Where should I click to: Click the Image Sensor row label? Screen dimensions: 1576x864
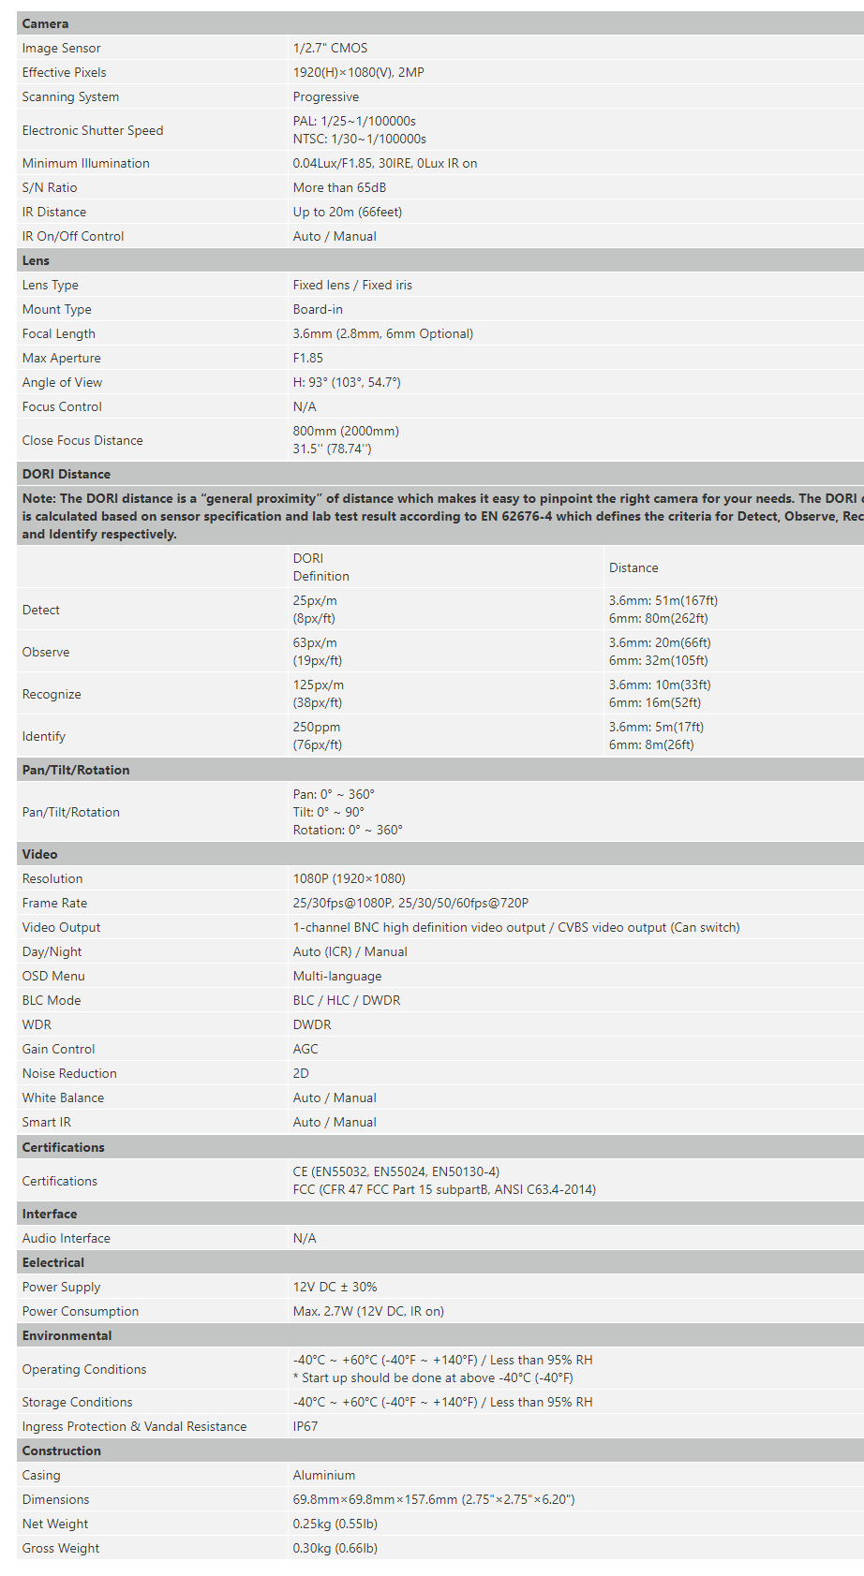point(61,48)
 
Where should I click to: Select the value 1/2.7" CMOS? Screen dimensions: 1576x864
point(330,48)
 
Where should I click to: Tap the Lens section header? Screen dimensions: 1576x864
point(36,260)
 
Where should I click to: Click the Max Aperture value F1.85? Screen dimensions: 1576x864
point(307,358)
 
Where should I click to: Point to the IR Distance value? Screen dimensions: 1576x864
point(347,212)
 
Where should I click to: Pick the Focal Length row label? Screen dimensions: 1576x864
point(58,333)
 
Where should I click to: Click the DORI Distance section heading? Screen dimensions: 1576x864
point(66,474)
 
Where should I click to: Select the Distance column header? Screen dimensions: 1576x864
point(633,567)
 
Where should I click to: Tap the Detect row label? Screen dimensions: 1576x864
point(40,610)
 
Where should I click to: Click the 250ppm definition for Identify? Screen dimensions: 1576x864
point(317,727)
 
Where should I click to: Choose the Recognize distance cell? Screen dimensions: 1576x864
point(655,694)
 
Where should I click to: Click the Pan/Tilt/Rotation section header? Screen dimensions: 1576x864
point(76,770)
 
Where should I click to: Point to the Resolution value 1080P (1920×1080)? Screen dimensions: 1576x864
point(349,878)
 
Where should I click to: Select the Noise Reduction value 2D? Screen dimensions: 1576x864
point(301,1073)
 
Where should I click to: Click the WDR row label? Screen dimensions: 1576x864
point(37,1024)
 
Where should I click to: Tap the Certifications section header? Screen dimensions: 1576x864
point(63,1147)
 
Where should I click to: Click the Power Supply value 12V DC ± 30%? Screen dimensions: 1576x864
point(335,1287)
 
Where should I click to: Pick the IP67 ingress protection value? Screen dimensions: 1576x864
point(305,1426)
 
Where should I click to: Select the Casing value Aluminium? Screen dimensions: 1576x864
point(323,1475)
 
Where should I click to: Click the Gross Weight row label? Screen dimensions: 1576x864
point(60,1548)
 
